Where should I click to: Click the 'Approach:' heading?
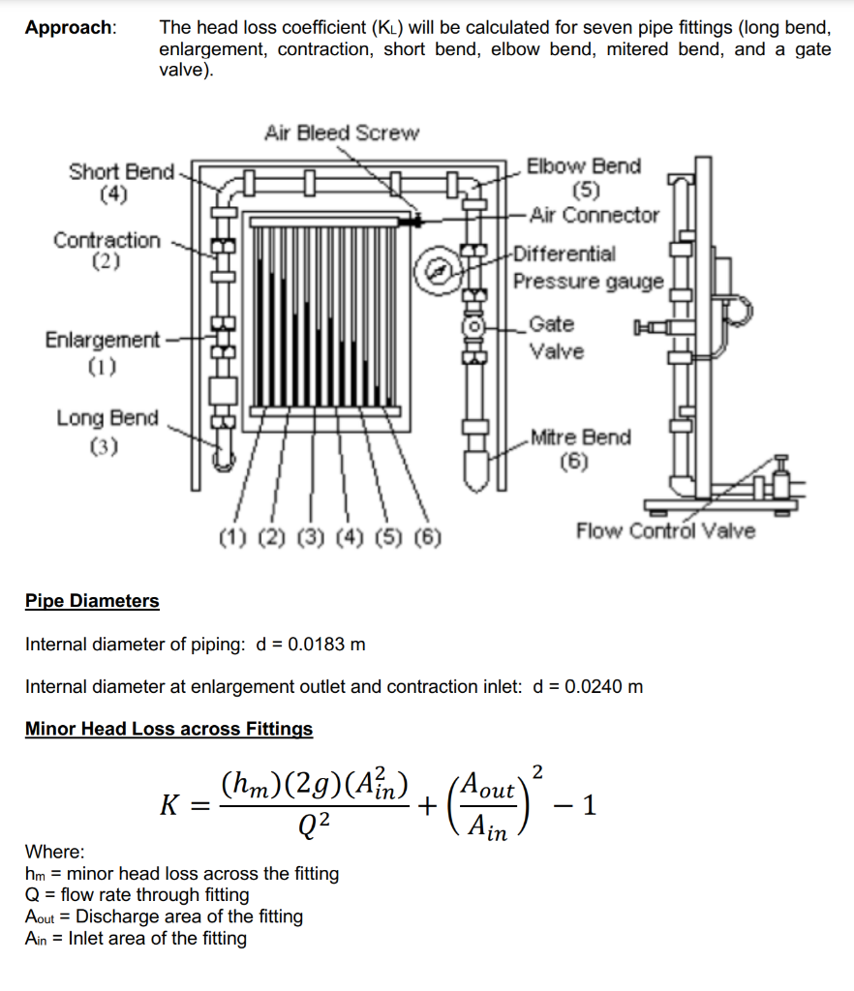click(x=71, y=27)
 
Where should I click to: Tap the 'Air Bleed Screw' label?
click(x=341, y=133)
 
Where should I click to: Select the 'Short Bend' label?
click(x=121, y=172)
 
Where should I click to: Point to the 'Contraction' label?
click(x=107, y=240)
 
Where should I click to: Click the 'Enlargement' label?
click(x=102, y=340)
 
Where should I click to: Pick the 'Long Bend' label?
click(x=107, y=418)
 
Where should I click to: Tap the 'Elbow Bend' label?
click(x=584, y=166)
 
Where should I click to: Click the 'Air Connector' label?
click(x=595, y=215)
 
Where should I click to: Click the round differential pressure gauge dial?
click(x=438, y=270)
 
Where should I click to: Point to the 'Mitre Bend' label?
click(x=580, y=437)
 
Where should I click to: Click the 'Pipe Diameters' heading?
click(x=92, y=601)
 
